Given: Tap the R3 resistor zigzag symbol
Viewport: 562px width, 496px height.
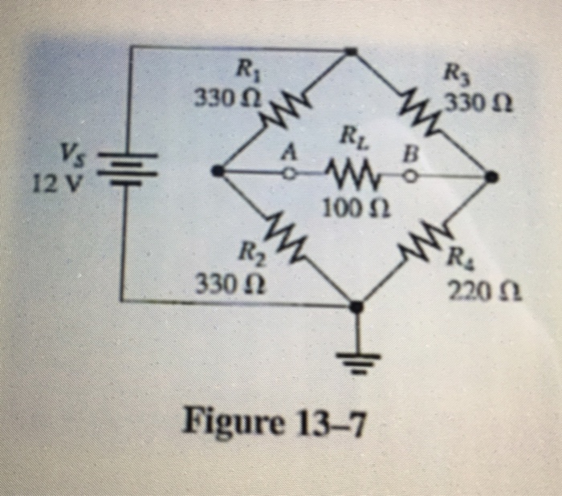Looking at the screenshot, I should click(x=419, y=110).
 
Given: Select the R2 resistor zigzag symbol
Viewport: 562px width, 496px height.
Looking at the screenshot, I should click(x=282, y=238).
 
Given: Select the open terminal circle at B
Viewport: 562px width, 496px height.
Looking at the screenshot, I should click(x=411, y=173).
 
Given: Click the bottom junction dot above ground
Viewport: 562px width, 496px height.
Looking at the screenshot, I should click(x=358, y=305).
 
